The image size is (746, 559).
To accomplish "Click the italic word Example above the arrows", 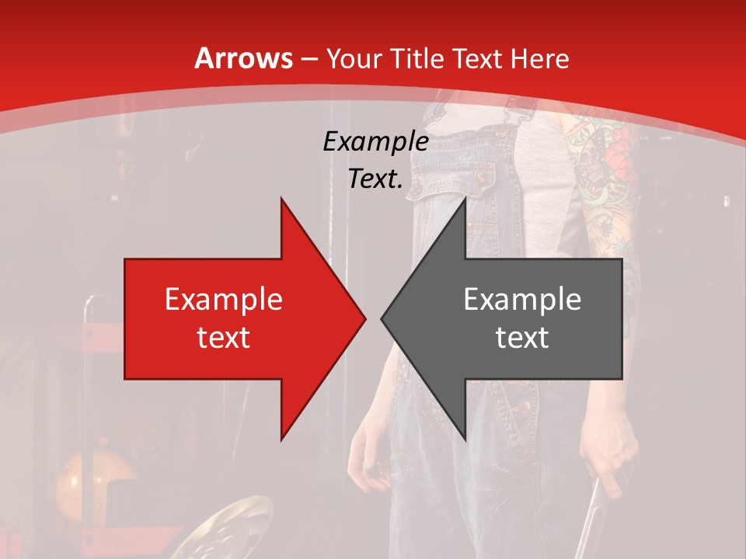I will pyautogui.click(x=375, y=142).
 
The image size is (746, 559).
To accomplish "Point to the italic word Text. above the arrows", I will pyautogui.click(x=375, y=179).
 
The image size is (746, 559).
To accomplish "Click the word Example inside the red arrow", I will pyautogui.click(x=224, y=299).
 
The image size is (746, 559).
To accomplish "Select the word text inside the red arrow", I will pyautogui.click(x=224, y=337).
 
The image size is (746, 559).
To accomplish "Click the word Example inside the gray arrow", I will pyautogui.click(x=522, y=299).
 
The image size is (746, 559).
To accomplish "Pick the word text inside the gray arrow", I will pyautogui.click(x=522, y=337).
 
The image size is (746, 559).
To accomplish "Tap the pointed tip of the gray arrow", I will pyautogui.click(x=382, y=318).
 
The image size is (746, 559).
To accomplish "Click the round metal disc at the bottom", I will pyautogui.click(x=233, y=528).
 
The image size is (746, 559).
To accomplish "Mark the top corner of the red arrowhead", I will pyautogui.click(x=281, y=199).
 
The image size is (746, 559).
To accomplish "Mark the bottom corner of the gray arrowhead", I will pyautogui.click(x=465, y=439).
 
